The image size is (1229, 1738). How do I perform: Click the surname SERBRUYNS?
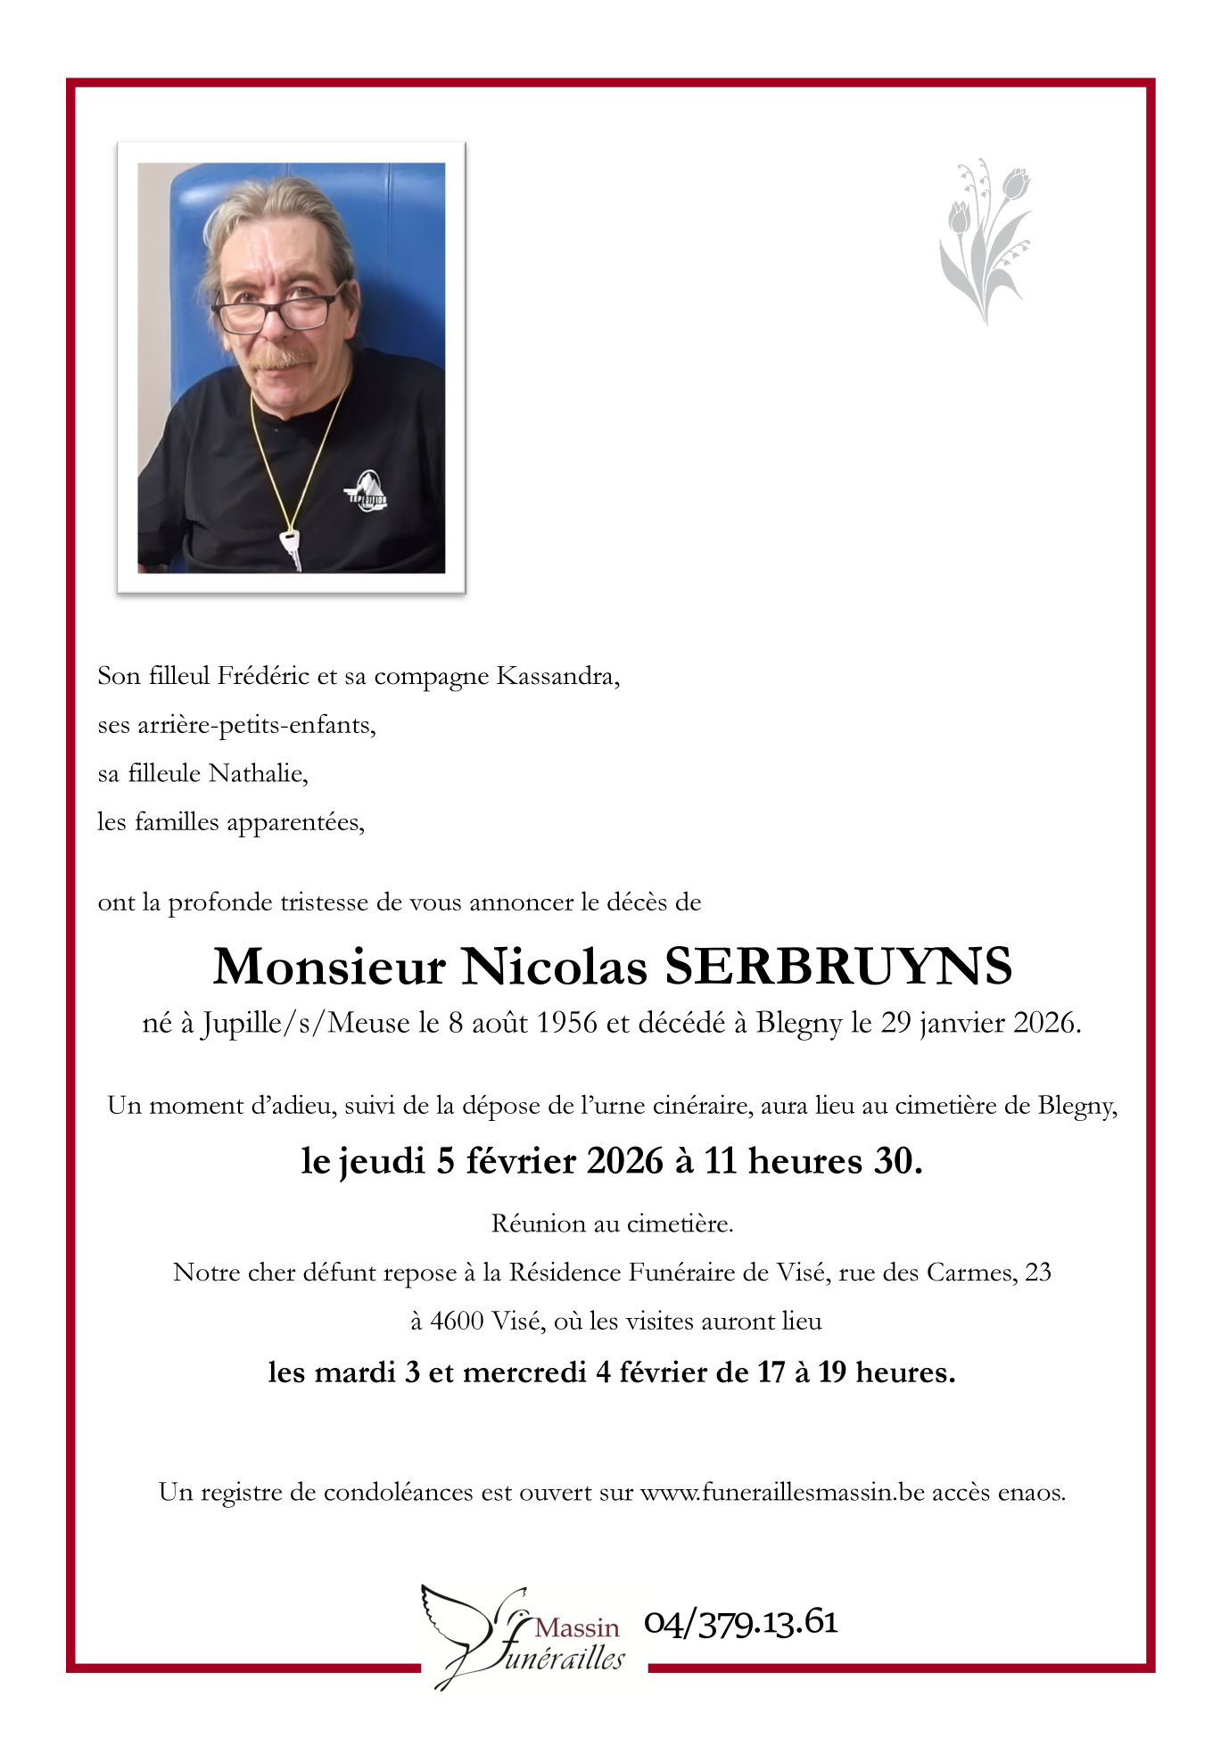[838, 967]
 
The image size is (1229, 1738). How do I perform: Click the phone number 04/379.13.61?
[741, 1622]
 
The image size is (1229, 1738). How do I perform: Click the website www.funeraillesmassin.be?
[782, 1492]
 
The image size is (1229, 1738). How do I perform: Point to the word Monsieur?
[329, 967]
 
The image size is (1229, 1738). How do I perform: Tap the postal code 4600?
[457, 1321]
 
